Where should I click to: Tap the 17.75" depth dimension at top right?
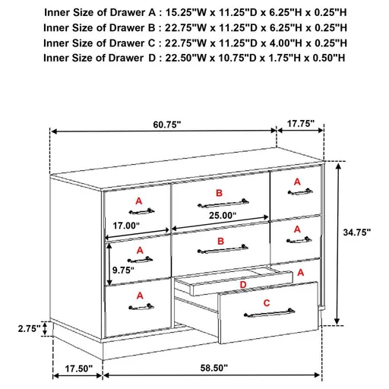pyautogui.click(x=302, y=124)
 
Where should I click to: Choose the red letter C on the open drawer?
pyautogui.click(x=266, y=303)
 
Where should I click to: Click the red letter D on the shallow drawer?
pyautogui.click(x=242, y=285)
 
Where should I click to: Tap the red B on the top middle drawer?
pyautogui.click(x=219, y=194)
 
